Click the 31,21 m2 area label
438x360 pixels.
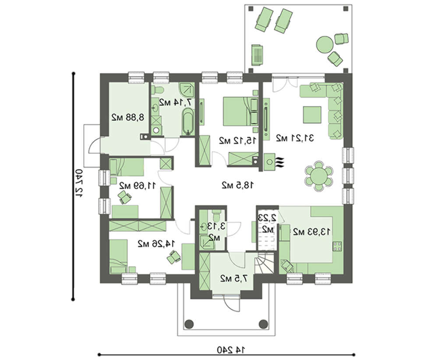click(x=295, y=138)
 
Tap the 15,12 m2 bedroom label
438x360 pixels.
click(x=237, y=141)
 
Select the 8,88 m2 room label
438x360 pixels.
click(x=128, y=117)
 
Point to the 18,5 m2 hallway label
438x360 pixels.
click(x=238, y=185)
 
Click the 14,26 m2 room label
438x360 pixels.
click(x=156, y=244)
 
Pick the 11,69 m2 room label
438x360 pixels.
click(x=138, y=185)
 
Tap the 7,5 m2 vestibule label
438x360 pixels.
click(x=234, y=278)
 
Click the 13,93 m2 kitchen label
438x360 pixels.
click(x=311, y=232)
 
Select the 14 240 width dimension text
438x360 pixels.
click(x=231, y=349)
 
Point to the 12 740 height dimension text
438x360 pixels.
click(x=79, y=183)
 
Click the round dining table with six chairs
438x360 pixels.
click(x=318, y=176)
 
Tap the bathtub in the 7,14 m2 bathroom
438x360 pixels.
click(x=188, y=122)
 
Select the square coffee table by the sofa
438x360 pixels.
click(x=312, y=114)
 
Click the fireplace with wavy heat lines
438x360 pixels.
click(x=273, y=162)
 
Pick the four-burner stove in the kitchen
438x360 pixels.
click(x=337, y=246)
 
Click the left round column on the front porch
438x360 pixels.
click(x=189, y=324)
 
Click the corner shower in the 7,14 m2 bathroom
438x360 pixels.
click(x=186, y=89)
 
